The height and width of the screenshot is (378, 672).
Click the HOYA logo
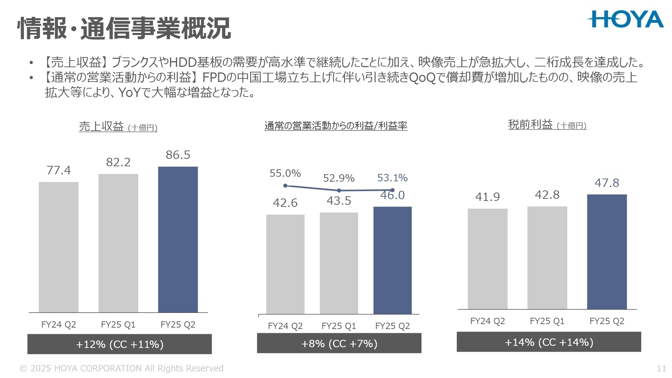coord(625,19)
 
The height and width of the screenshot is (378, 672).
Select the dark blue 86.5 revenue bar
coord(178,239)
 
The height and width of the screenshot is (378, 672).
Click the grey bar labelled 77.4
coord(58,247)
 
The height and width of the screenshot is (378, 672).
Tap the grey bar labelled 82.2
coord(118,243)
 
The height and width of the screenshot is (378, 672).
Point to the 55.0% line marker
coord(285,185)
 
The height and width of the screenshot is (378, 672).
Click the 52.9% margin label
coord(338,178)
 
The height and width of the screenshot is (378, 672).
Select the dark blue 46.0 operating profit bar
coord(392,260)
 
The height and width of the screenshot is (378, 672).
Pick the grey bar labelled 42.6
coord(285,264)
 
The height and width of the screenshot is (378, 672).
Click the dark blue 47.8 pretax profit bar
coord(607,252)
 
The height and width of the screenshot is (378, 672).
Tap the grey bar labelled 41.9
coord(487,259)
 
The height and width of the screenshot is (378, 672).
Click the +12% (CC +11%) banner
coord(119,344)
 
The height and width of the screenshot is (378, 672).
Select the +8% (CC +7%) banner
coord(339,343)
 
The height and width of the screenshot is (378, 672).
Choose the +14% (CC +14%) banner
coord(548,342)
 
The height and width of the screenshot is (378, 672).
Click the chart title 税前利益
coord(530,125)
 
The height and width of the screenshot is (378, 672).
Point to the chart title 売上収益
coord(101,126)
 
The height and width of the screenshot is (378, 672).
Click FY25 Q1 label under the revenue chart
coord(118,324)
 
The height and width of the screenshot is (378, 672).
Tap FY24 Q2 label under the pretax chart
coord(487,321)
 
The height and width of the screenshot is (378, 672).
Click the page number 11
coord(661,368)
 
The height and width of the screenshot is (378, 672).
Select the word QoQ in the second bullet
coord(422,78)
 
